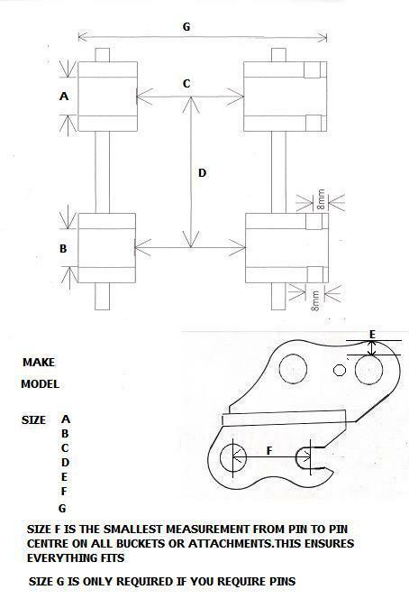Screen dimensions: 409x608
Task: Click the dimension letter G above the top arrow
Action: (186, 27)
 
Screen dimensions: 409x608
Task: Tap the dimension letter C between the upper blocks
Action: (186, 83)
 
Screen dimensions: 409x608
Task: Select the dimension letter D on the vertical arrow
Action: (202, 173)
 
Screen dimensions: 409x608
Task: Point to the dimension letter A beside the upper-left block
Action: (64, 96)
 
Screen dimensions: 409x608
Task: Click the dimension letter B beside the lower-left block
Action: (63, 249)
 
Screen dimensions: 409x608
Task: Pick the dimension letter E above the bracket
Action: (372, 335)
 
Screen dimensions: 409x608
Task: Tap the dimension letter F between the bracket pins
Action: (269, 450)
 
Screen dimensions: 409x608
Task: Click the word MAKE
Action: (39, 362)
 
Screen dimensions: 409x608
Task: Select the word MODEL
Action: (40, 384)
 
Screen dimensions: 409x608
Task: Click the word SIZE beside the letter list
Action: (33, 420)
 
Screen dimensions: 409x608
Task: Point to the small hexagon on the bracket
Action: (340, 370)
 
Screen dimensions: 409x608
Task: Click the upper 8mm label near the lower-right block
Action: (321, 199)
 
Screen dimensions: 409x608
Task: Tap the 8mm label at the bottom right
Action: (315, 301)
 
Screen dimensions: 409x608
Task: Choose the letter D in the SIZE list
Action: (65, 462)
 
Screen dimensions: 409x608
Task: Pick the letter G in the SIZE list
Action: (62, 508)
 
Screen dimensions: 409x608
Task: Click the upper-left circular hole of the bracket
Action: (293, 368)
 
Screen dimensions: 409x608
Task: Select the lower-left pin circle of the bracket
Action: (233, 457)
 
